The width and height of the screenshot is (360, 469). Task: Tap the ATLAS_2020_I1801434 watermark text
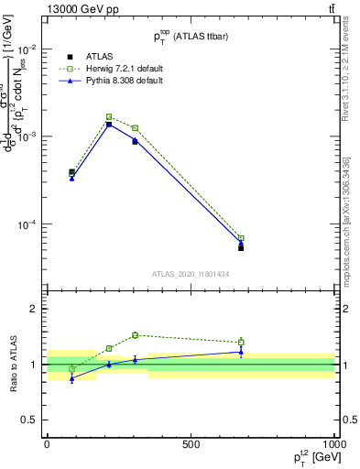[190, 274]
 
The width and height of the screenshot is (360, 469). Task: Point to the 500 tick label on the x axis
[191, 444]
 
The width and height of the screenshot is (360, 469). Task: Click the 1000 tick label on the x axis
[333, 444]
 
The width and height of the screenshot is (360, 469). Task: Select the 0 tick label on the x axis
[47, 444]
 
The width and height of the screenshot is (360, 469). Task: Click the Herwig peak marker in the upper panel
[109, 117]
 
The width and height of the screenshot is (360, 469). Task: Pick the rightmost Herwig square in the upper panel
[241, 238]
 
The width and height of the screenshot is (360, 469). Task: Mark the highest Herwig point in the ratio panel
[135, 335]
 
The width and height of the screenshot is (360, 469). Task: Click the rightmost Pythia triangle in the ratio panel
[241, 351]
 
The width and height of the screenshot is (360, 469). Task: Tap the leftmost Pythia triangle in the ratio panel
[71, 377]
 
